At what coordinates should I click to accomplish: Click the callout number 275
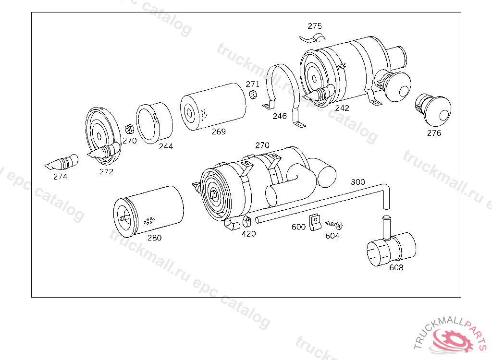coord(315,26)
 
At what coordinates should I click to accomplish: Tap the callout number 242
coord(342,108)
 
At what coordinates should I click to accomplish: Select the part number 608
coord(396,267)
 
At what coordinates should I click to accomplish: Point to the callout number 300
coord(358,182)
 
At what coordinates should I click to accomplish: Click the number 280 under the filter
coord(155,238)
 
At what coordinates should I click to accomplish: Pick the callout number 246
coord(280,116)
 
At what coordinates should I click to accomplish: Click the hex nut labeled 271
coord(253,94)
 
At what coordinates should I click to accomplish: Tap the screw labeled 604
coord(334,225)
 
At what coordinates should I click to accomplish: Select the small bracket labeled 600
coord(315,222)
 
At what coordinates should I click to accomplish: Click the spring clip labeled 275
coord(312,39)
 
